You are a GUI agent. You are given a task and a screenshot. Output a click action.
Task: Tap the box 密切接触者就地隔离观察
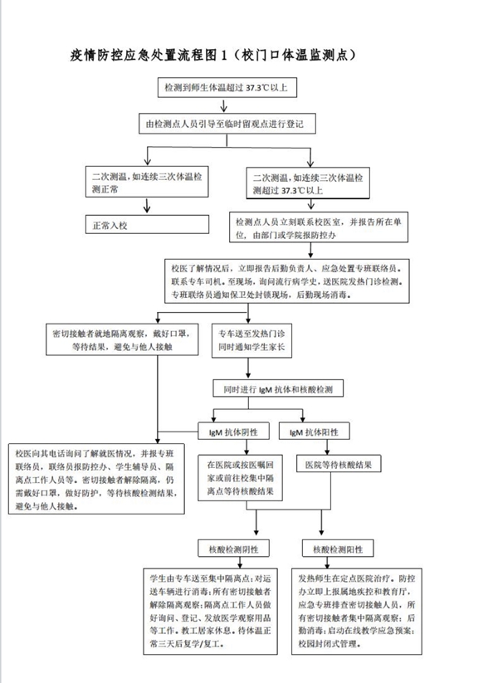(124, 344)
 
